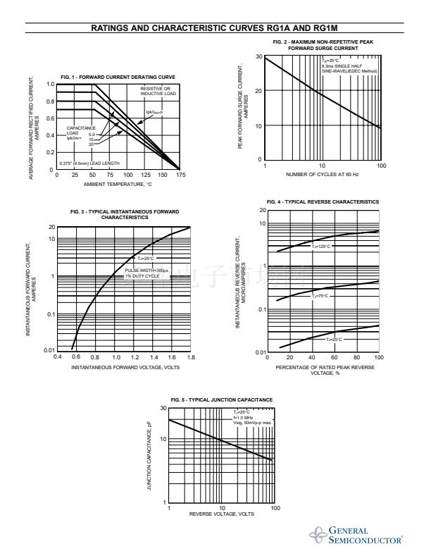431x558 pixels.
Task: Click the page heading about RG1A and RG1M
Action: coord(216,28)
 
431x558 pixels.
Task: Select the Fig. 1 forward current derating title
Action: coord(118,76)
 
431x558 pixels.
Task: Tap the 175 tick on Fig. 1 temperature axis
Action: coord(181,175)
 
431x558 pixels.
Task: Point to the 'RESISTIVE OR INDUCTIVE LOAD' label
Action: coord(158,92)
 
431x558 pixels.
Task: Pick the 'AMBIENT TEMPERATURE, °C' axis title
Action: coord(118,184)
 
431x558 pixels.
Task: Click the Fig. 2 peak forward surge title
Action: coord(323,45)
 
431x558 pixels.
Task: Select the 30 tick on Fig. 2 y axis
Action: coord(259,56)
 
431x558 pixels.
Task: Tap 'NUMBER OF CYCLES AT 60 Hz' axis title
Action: coord(323,174)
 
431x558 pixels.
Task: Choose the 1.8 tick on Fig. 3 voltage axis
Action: coord(191,357)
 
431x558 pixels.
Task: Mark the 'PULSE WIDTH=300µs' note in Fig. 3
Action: coord(147,271)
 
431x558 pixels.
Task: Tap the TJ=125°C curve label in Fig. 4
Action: coord(321,246)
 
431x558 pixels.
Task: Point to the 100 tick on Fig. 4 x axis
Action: coord(379,357)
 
